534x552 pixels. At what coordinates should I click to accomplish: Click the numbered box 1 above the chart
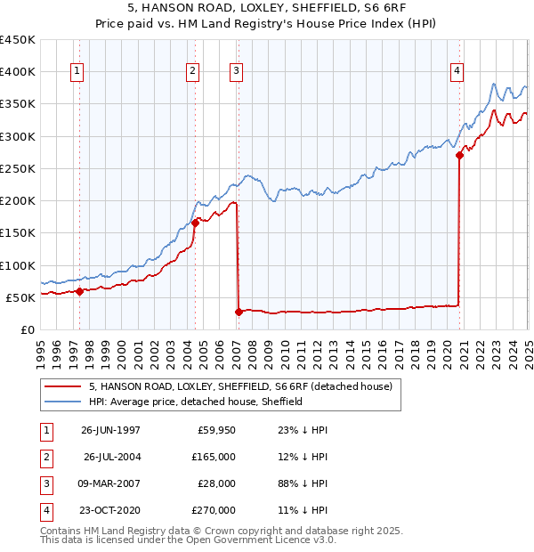[x=78, y=72]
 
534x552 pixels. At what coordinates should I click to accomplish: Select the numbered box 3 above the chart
[x=237, y=72]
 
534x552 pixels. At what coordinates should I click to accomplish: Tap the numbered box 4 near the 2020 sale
[x=457, y=72]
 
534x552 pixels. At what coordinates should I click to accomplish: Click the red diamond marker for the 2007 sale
[x=239, y=312]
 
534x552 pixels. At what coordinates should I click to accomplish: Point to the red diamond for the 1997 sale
[x=79, y=290]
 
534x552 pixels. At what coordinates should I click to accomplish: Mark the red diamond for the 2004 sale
[x=195, y=223]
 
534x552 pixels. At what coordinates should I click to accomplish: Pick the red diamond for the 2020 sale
[x=459, y=155]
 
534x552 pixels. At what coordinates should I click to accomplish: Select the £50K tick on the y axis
[x=21, y=297]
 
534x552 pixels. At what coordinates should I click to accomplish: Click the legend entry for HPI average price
[x=196, y=402]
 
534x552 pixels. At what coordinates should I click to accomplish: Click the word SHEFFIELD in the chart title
[x=298, y=9]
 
